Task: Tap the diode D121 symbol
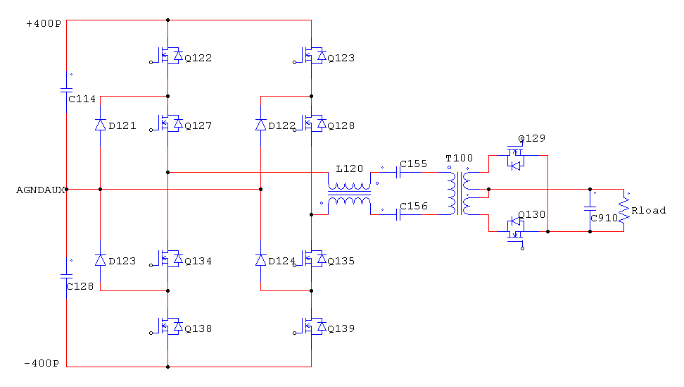point(100,125)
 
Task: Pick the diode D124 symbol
point(260,260)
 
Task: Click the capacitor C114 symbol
point(66,90)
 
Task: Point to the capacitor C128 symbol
point(66,277)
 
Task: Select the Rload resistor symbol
point(623,209)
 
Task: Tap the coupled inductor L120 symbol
point(349,190)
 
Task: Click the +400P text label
point(43,24)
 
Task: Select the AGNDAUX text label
point(40,190)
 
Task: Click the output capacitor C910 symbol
point(590,209)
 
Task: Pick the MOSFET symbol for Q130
point(517,226)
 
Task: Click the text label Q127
point(198,125)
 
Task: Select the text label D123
point(122,261)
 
